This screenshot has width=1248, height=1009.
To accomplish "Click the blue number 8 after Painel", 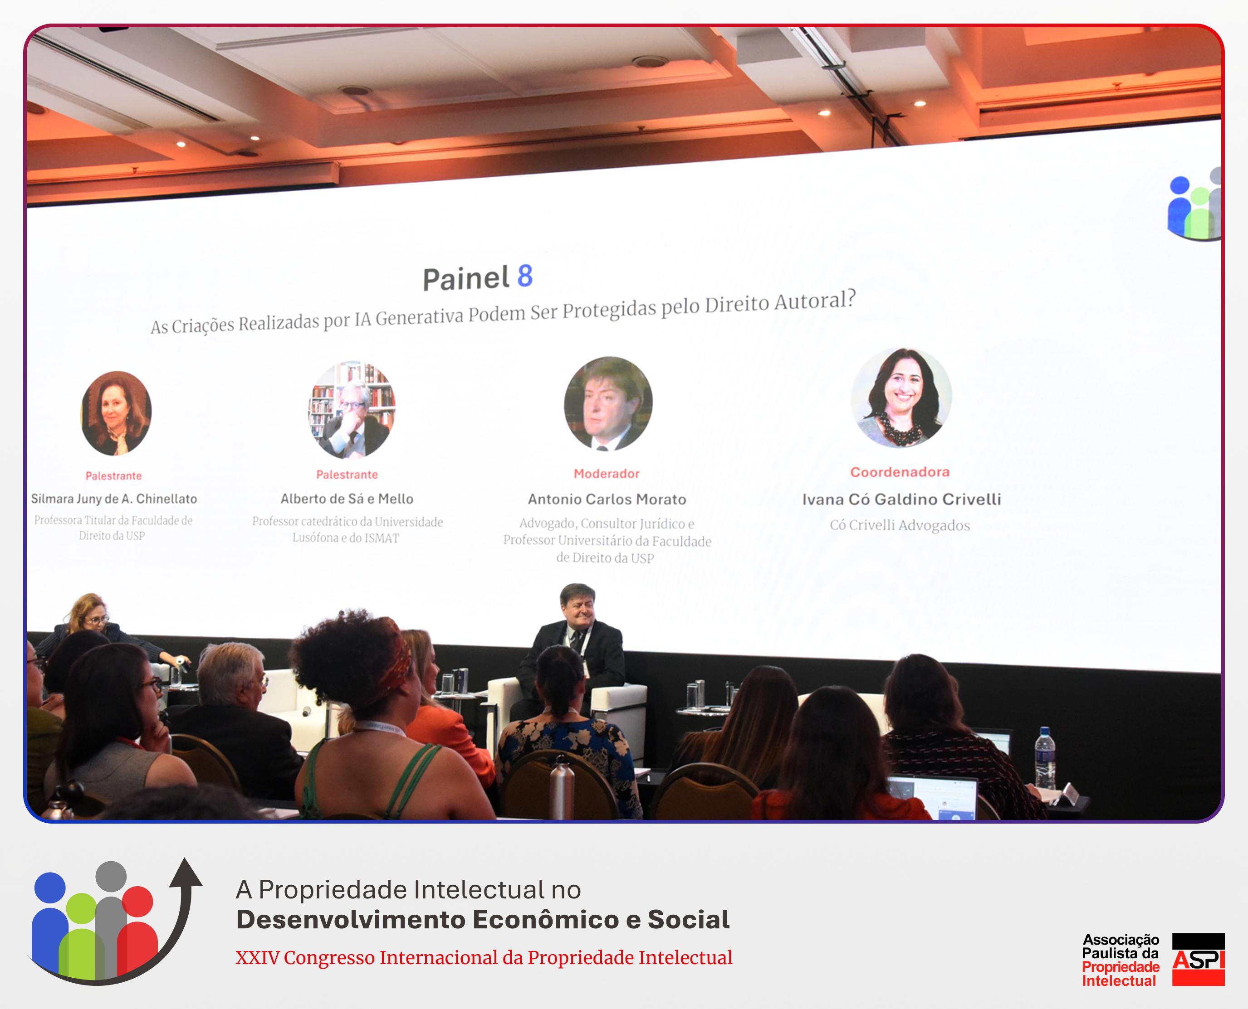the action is point(524,276).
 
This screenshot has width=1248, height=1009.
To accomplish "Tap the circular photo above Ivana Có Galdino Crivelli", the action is point(901,398).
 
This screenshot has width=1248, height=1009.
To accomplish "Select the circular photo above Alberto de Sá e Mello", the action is point(352,410).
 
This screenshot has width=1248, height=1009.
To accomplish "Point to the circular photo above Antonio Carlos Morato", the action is point(608,404).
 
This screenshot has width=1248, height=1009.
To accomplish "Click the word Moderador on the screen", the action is point(607,474).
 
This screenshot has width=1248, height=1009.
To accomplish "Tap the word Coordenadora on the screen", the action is point(900,472).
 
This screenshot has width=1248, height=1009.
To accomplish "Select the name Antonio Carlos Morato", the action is point(607,499).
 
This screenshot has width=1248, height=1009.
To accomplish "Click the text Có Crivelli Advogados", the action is point(900,525).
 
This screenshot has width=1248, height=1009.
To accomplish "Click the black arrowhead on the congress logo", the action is point(186,873).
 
